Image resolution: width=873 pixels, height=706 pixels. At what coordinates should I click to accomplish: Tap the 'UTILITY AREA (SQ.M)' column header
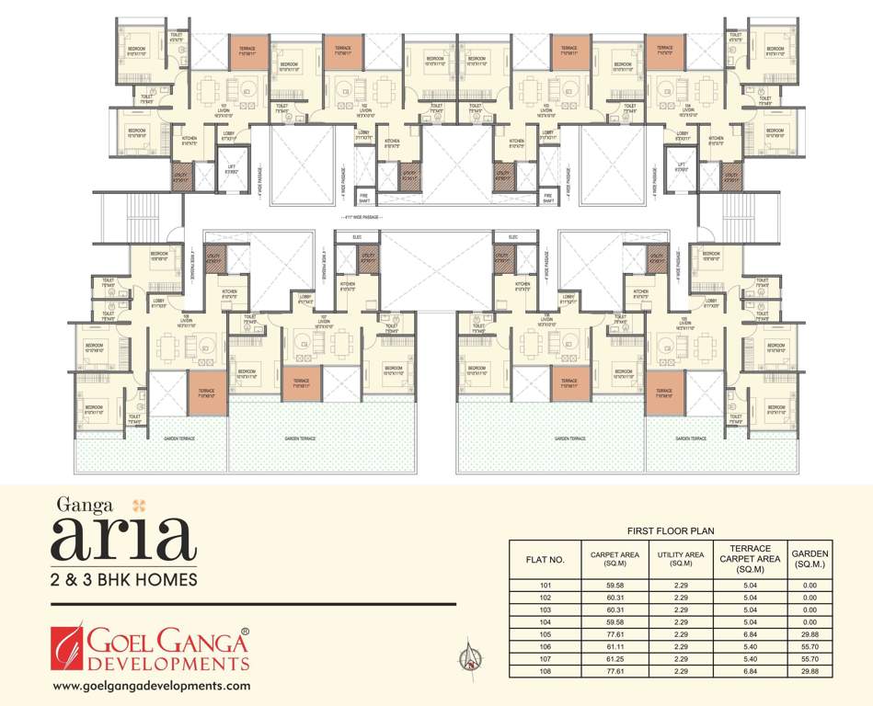tap(680, 559)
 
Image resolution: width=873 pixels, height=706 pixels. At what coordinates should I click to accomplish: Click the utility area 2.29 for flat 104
tap(680, 621)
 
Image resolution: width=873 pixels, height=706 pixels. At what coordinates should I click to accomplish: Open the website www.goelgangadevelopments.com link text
tap(152, 686)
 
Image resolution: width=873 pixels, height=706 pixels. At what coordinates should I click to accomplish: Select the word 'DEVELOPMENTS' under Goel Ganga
tap(168, 663)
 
